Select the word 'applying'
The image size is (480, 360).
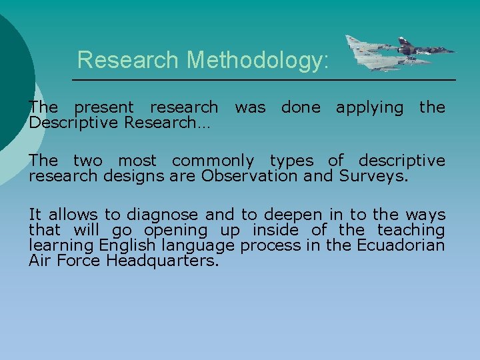coord(369,107)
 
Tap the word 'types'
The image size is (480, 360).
coord(293,161)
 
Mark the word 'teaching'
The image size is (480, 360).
coord(411,230)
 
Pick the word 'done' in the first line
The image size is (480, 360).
coord(300,107)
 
